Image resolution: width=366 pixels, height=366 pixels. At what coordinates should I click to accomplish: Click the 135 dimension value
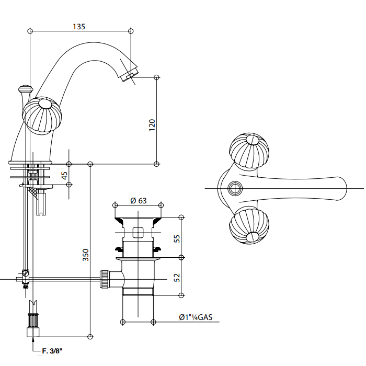coord(78,26)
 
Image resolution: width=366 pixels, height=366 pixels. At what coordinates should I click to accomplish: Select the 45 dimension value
coord(65,175)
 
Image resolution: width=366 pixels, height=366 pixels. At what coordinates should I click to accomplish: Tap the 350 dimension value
coord(86,255)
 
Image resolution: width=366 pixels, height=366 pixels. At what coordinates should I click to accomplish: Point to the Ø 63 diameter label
coord(138,200)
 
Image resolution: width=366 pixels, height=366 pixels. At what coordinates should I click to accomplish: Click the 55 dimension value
coord(177,237)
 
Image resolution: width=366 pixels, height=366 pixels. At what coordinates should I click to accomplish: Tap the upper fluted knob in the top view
coord(249,152)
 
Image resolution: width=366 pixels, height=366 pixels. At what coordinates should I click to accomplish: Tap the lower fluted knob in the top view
coord(249,225)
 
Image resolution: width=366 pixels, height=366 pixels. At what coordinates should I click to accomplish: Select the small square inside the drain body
coord(138,232)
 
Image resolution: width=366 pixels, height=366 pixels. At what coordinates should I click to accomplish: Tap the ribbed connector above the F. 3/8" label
coord(33,318)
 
